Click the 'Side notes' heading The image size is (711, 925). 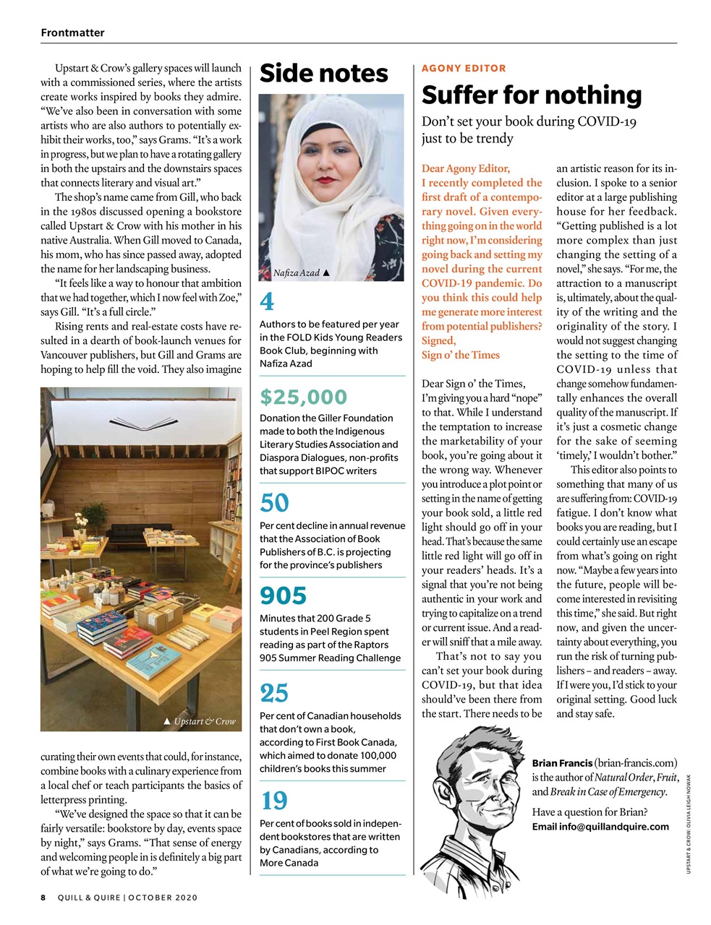(x=323, y=74)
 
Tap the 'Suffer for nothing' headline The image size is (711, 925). (x=531, y=95)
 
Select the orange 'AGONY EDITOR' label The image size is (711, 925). (x=464, y=68)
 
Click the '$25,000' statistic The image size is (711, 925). (x=303, y=397)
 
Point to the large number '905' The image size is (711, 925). (x=284, y=595)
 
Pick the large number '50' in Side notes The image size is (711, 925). (x=274, y=502)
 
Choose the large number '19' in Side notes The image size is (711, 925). (x=274, y=800)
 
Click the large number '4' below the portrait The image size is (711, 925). (x=265, y=301)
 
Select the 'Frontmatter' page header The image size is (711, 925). (x=72, y=33)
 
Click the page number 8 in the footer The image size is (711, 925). (x=43, y=898)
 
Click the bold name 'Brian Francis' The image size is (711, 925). (x=562, y=763)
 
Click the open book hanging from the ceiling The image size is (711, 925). (x=142, y=421)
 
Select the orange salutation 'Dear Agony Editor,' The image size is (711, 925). (x=466, y=168)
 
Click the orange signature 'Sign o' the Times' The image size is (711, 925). (x=461, y=355)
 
